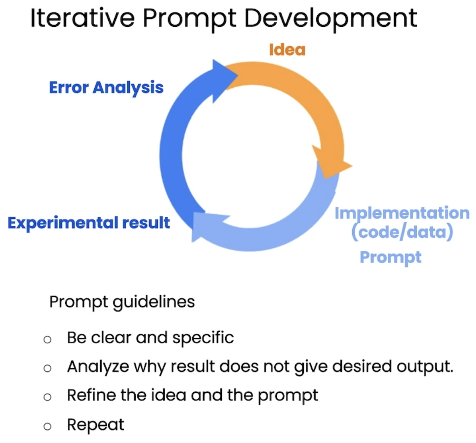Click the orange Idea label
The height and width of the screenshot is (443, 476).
click(x=287, y=50)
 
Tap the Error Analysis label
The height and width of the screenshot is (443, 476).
click(x=106, y=88)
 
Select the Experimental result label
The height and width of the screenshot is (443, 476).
click(x=89, y=223)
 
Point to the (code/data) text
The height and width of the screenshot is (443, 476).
click(x=402, y=232)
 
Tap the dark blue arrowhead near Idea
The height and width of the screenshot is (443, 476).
click(x=223, y=80)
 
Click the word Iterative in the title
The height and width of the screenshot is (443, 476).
click(x=82, y=18)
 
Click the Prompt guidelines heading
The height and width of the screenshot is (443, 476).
click(x=122, y=302)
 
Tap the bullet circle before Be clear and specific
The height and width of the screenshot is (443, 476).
click(x=47, y=339)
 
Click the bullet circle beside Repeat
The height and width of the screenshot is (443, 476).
click(x=47, y=426)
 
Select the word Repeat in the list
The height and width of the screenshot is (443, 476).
click(x=96, y=425)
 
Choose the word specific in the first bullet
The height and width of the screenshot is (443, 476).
click(x=203, y=338)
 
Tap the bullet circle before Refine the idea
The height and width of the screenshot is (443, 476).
click(x=47, y=397)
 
